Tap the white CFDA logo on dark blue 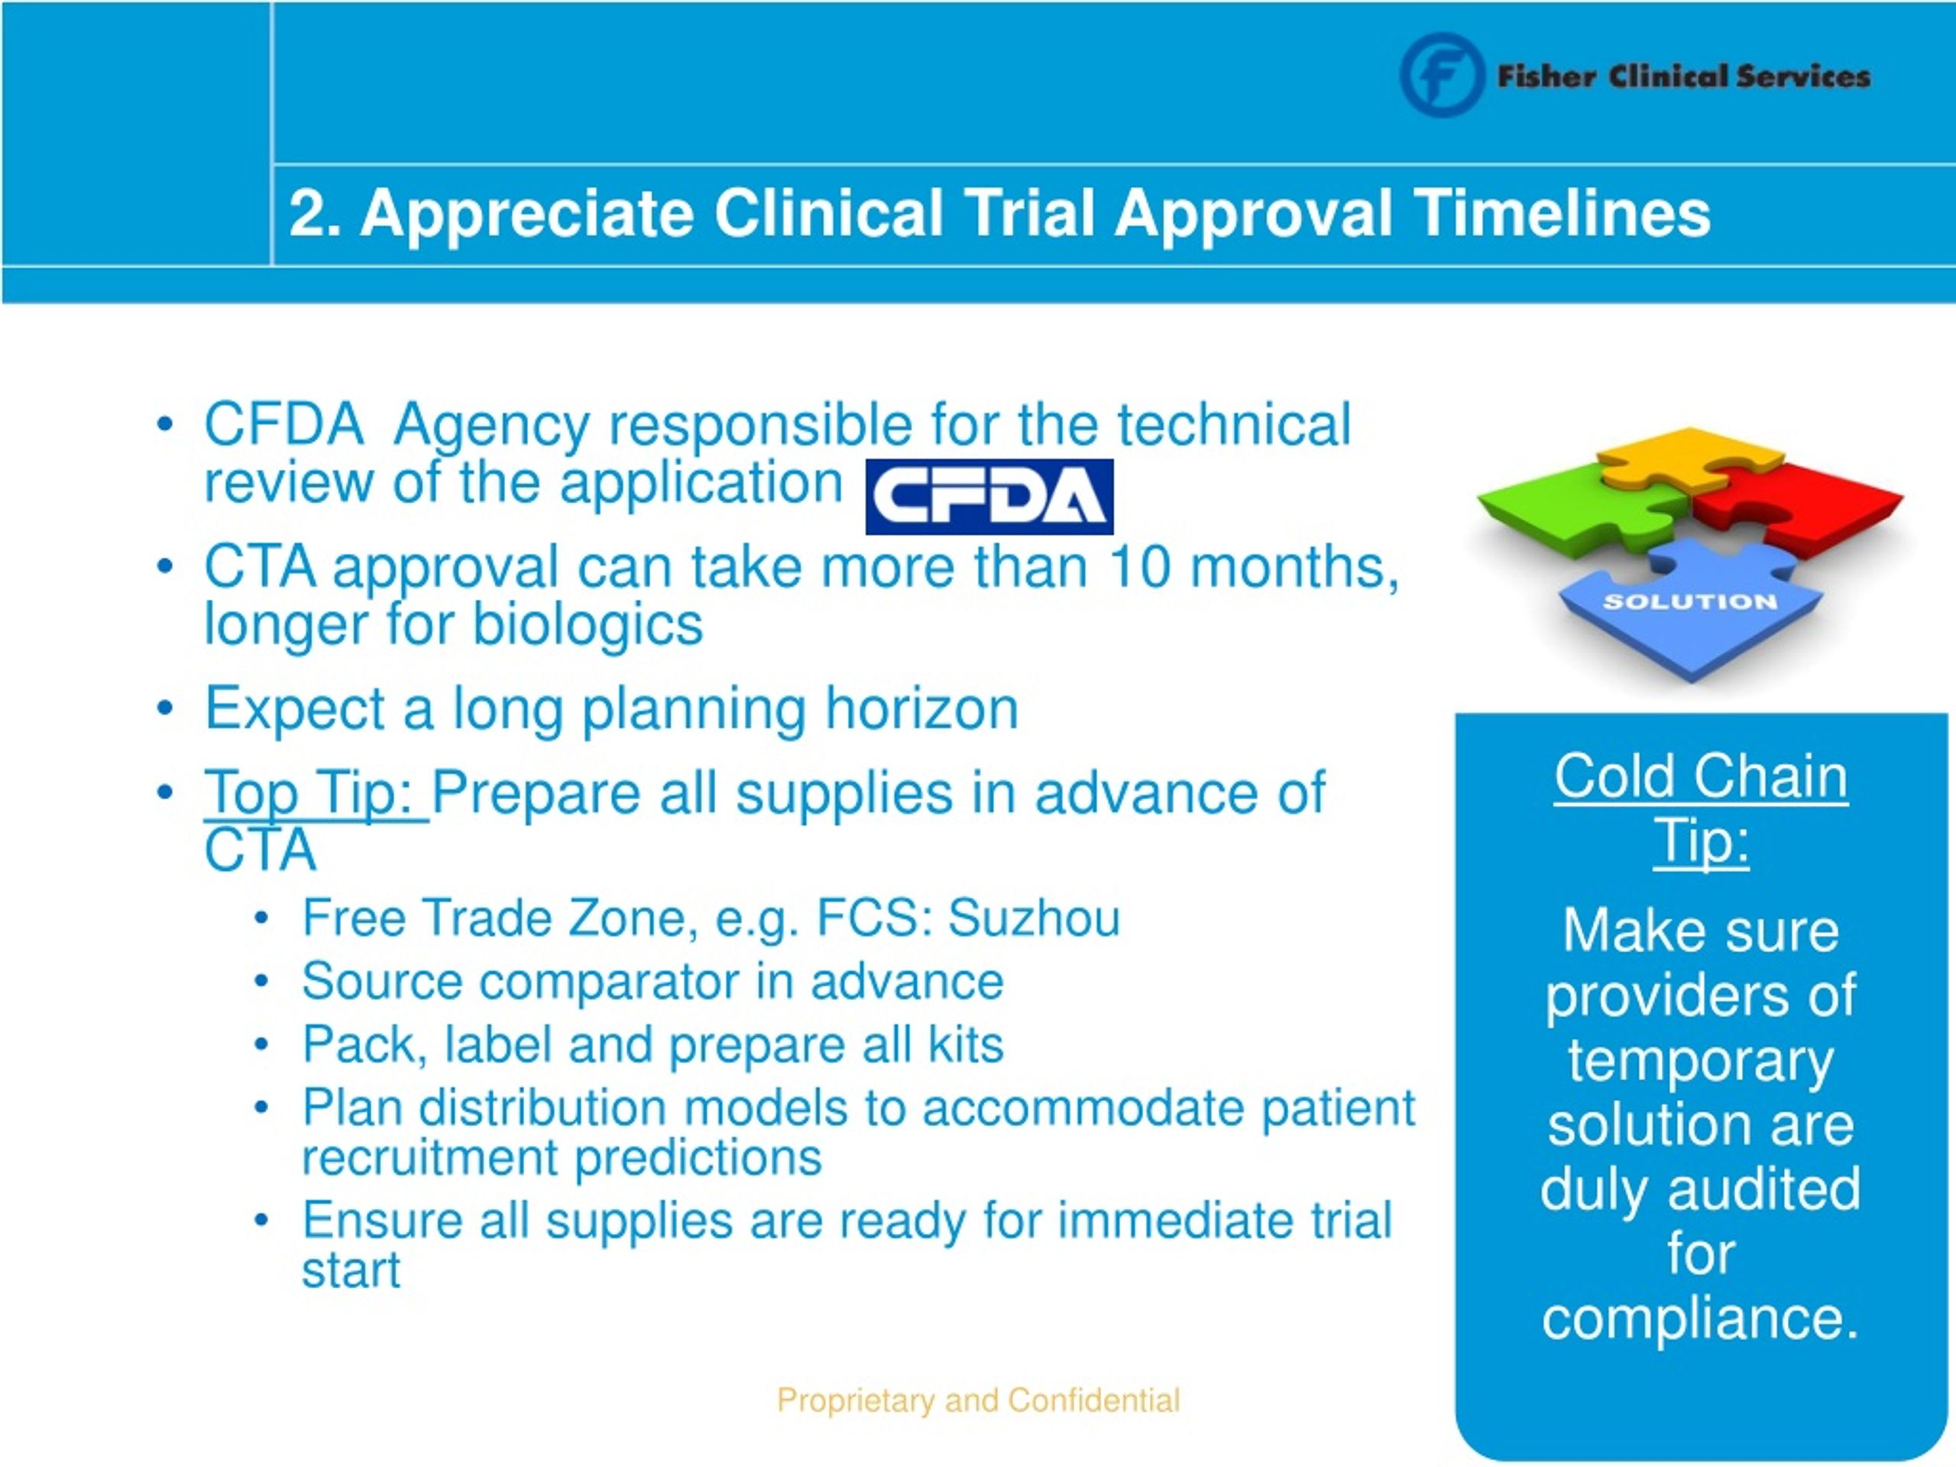pyautogui.click(x=989, y=497)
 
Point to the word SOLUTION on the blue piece pyautogui.click(x=1690, y=602)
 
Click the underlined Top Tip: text pyautogui.click(x=316, y=793)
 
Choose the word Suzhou pyautogui.click(x=1034, y=918)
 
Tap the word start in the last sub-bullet pyautogui.click(x=351, y=1271)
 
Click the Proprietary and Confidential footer pyautogui.click(x=978, y=1401)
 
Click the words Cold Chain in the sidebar pyautogui.click(x=1701, y=776)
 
